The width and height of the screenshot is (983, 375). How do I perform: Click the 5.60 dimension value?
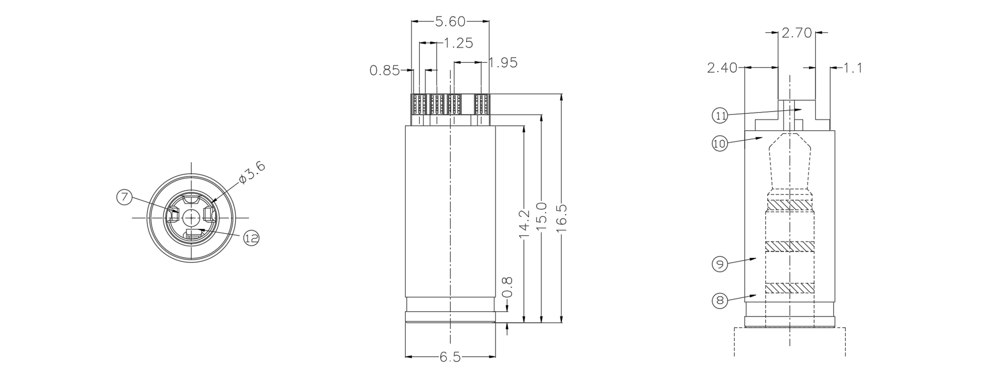coord(450,22)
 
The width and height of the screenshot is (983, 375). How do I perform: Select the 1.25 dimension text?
coord(458,44)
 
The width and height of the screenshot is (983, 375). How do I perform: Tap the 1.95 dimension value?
coord(503,63)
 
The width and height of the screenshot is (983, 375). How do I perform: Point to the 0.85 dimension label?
coord(384,71)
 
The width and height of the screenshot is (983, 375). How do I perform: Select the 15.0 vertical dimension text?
coord(542,216)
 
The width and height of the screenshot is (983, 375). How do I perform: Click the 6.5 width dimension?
coord(450,358)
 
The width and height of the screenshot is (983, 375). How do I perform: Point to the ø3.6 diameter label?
coord(252,173)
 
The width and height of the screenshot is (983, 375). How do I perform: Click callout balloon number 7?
coord(124,197)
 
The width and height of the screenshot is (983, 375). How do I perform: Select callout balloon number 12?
coord(252,239)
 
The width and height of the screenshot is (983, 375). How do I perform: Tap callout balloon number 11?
coord(720,115)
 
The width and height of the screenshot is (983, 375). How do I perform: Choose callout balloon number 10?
coord(719,143)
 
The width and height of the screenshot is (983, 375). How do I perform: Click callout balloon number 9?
coord(719,264)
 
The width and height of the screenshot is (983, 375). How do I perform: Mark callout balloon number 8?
coord(719,300)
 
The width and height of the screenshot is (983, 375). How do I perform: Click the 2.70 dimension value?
coord(796,33)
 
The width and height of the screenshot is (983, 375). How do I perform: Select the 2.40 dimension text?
coord(722,68)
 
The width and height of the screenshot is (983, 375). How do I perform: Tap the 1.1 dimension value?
coord(853,68)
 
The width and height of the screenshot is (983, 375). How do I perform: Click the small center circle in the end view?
coord(191,217)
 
